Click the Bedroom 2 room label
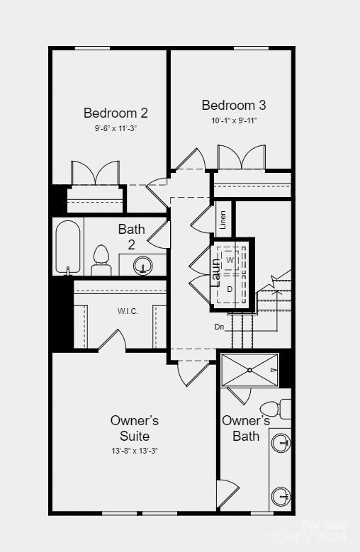pyautogui.click(x=116, y=113)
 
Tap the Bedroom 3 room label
pyautogui.click(x=234, y=105)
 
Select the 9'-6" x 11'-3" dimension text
pyautogui.click(x=116, y=128)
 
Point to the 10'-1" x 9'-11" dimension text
pyautogui.click(x=234, y=120)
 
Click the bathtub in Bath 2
pyautogui.click(x=68, y=248)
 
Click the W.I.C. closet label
pyautogui.click(x=128, y=311)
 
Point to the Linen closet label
pyautogui.click(x=223, y=220)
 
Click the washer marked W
pyautogui.click(x=230, y=261)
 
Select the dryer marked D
pyautogui.click(x=230, y=289)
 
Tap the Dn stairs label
pyautogui.click(x=220, y=327)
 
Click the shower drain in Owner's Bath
pyautogui.click(x=249, y=369)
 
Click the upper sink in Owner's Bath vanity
pyautogui.click(x=281, y=444)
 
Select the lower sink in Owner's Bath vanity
pyautogui.click(x=281, y=494)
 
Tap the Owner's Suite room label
pyautogui.click(x=135, y=428)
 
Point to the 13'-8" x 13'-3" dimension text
pyautogui.click(x=135, y=451)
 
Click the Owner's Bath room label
pyautogui.click(x=245, y=428)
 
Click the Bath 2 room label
pyautogui.click(x=132, y=237)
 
